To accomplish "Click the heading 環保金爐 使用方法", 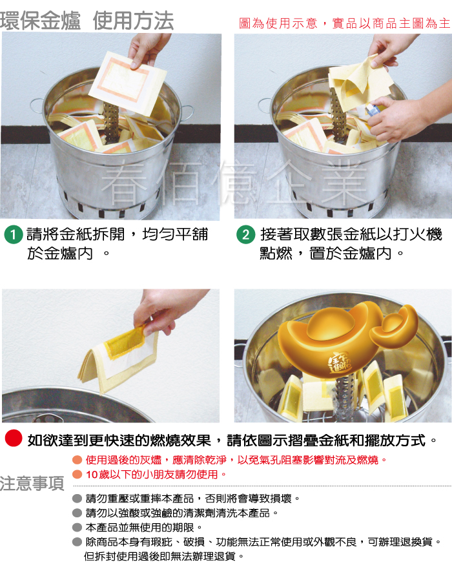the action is point(87,20).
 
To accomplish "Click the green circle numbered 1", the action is point(14,234).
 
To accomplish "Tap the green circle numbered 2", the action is point(245,234).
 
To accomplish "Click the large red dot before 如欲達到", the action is point(14,438).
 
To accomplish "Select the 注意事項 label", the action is point(32,483).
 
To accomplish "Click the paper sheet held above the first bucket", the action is point(127,83).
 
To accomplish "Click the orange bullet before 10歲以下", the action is point(77,474).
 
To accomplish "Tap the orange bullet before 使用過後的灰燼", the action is point(77,460).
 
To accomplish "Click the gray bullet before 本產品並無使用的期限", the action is point(77,527).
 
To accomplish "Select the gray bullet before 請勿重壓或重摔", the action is point(77,498).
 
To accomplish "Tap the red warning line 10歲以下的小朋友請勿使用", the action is point(156,474).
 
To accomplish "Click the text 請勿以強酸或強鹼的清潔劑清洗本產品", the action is point(181,513).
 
